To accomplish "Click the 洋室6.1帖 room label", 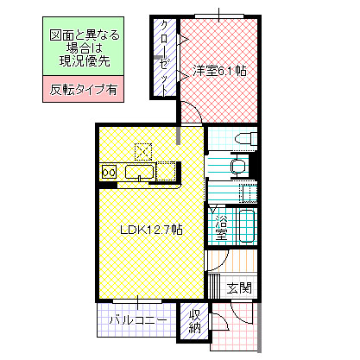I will pyautogui.click(x=219, y=71).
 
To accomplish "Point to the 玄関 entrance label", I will pyautogui.click(x=239, y=287).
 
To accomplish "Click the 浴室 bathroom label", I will pyautogui.click(x=221, y=227).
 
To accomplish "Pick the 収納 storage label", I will pyautogui.click(x=195, y=320).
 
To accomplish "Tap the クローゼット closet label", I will pyautogui.click(x=164, y=54).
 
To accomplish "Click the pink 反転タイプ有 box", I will pyautogui.click(x=84, y=89).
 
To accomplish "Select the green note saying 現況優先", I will pyautogui.click(x=84, y=50).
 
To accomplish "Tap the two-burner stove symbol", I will pyautogui.click(x=110, y=172).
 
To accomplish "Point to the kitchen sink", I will pyautogui.click(x=140, y=172).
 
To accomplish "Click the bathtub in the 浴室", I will pyautogui.click(x=245, y=227).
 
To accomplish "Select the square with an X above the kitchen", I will pyautogui.click(x=142, y=150).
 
